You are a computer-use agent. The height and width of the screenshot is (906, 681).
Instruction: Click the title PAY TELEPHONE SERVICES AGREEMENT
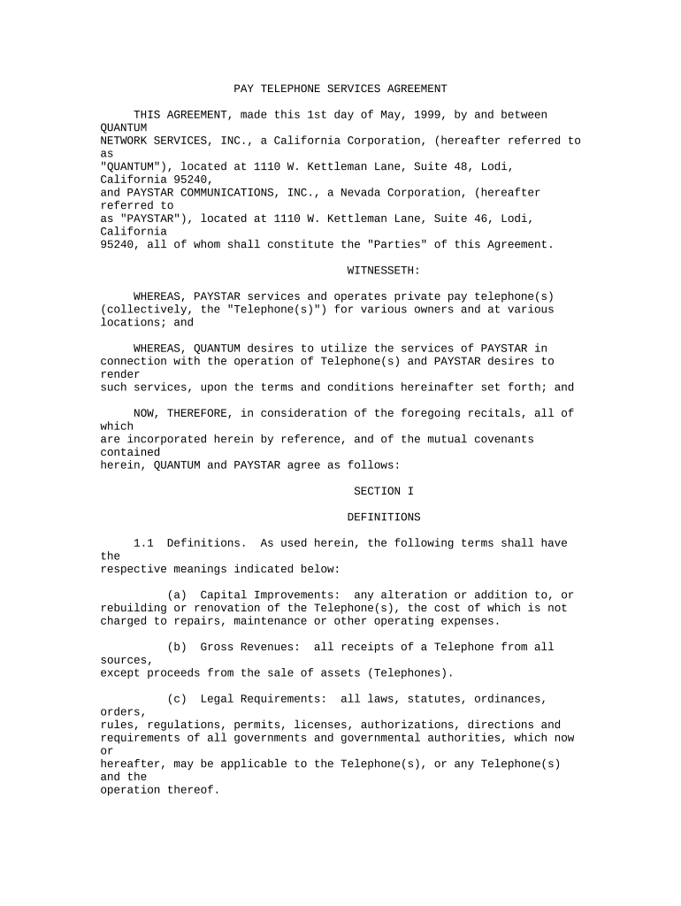tap(340, 88)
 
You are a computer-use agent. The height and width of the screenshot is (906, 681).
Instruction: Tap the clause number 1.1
tap(143, 543)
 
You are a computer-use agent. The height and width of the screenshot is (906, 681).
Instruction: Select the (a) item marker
tap(177, 595)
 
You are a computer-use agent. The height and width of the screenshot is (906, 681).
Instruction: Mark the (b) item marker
tap(177, 647)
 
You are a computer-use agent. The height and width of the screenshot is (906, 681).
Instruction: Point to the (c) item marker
tap(177, 699)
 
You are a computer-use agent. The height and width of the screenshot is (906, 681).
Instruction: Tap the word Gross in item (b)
tap(217, 647)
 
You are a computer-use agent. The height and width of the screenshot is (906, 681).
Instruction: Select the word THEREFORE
tap(194, 413)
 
